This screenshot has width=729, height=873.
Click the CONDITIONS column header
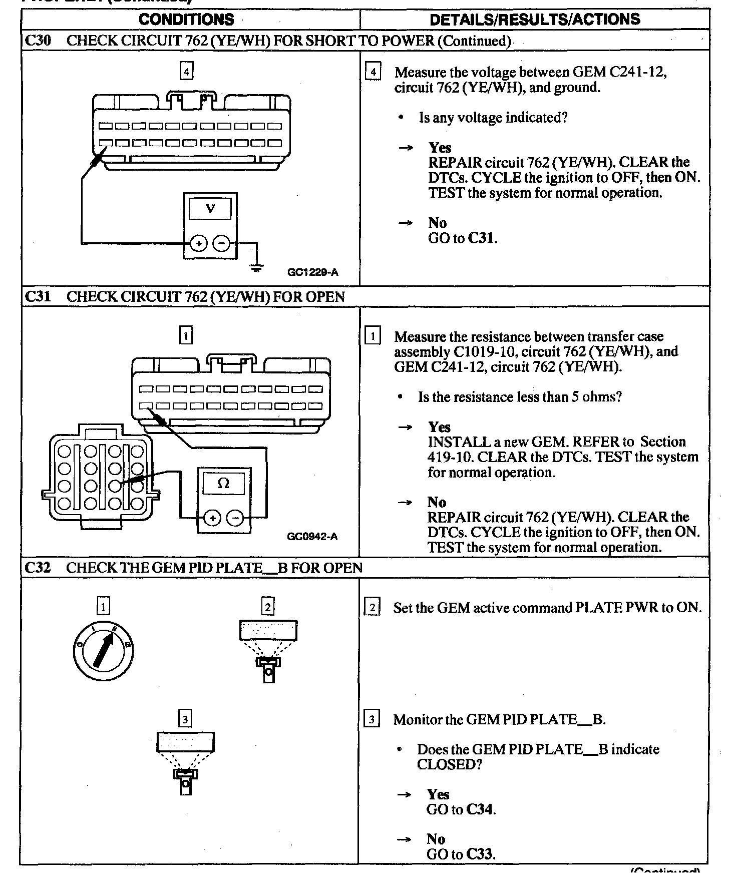pos(186,20)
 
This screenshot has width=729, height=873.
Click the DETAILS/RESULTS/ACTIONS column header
pos(535,20)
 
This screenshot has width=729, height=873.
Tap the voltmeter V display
pos(210,209)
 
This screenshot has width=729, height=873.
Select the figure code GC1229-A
pos(313,272)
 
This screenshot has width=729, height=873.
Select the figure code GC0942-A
pos(312,537)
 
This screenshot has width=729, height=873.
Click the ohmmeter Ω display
pos(224,484)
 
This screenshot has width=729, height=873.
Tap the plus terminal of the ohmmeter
pos(212,518)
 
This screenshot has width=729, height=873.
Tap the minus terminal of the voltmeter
pos(222,244)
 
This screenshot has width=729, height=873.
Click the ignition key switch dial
pos(103,650)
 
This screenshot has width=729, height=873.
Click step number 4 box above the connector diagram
pos(186,72)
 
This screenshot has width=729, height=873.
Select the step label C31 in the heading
pos(38,296)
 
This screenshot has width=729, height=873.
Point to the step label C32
pos(38,568)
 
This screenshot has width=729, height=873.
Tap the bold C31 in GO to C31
pos(481,238)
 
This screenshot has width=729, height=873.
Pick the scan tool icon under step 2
pos(268,650)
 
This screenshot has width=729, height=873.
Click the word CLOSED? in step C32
pos(449,764)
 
